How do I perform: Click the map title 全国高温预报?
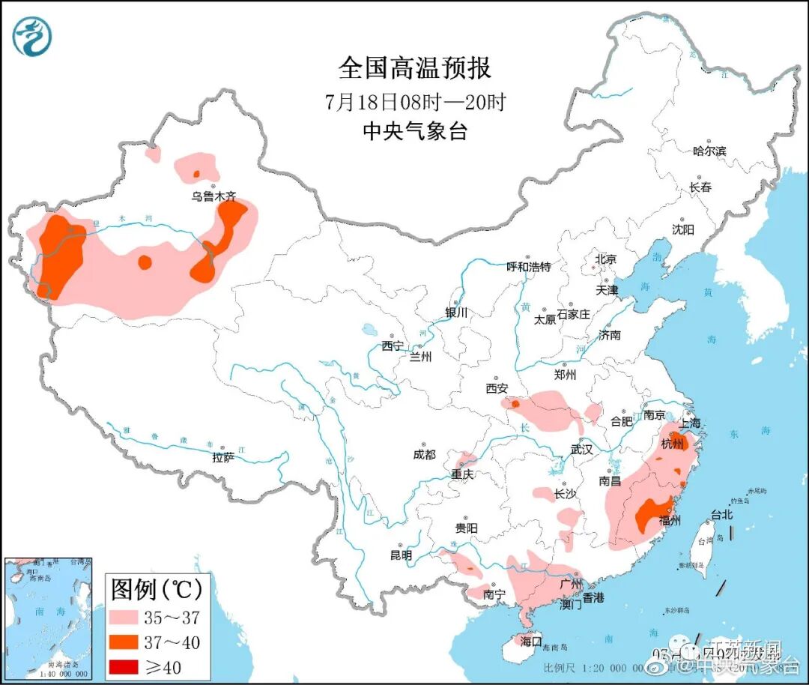414,68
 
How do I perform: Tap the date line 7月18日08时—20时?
415,101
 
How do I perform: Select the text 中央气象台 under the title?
414,132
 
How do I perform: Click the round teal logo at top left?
32,36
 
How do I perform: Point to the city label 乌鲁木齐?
213,196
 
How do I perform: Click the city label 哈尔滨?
709,151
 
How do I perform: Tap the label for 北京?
605,259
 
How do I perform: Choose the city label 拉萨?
223,456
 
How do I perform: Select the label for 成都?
423,454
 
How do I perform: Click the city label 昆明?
401,555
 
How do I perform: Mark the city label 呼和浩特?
528,267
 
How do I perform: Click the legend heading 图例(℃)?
157,590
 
